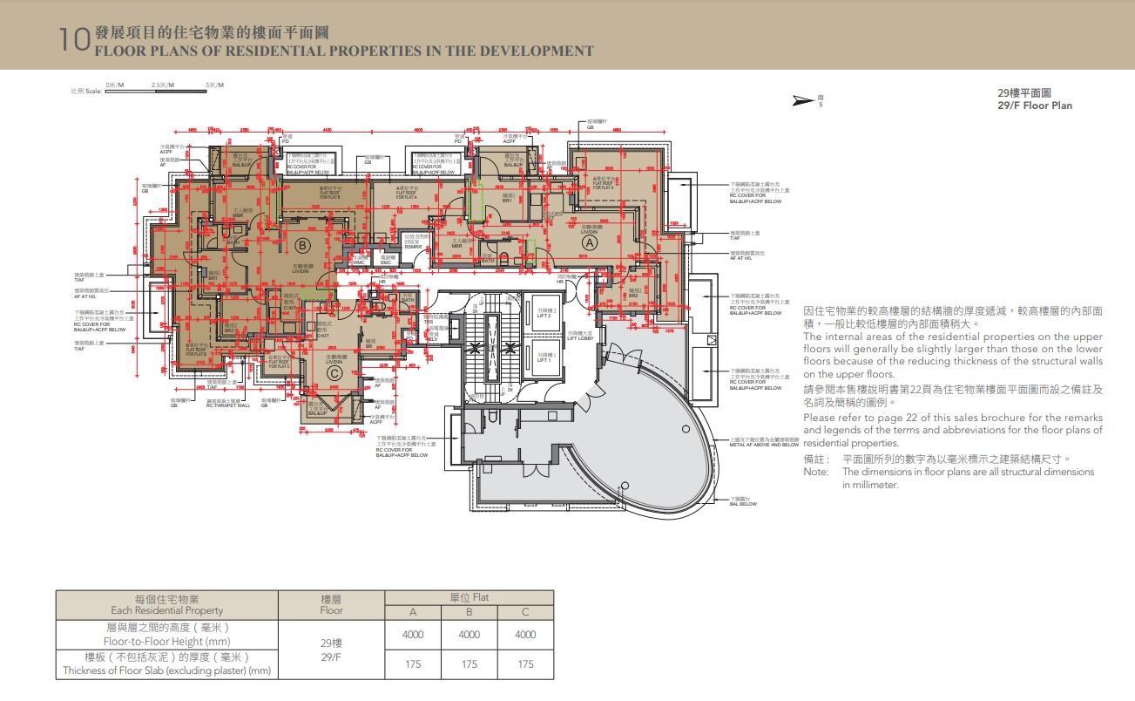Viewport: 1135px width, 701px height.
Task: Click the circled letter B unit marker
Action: coord(302,244)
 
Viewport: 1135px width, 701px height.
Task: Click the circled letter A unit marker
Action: coord(590,244)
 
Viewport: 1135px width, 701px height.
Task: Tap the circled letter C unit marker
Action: coord(334,375)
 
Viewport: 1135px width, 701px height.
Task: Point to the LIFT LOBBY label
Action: coord(581,336)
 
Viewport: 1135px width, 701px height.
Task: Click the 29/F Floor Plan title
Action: coord(1035,105)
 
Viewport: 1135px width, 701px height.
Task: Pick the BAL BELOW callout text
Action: coord(743,504)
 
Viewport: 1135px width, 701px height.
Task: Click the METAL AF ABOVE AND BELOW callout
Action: coord(764,445)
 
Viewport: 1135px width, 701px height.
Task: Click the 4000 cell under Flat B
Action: coord(469,635)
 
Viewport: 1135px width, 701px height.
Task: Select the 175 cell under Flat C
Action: coord(525,664)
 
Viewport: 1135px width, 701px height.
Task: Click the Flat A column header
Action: coord(413,612)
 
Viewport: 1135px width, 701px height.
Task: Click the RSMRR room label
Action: coord(413,248)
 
